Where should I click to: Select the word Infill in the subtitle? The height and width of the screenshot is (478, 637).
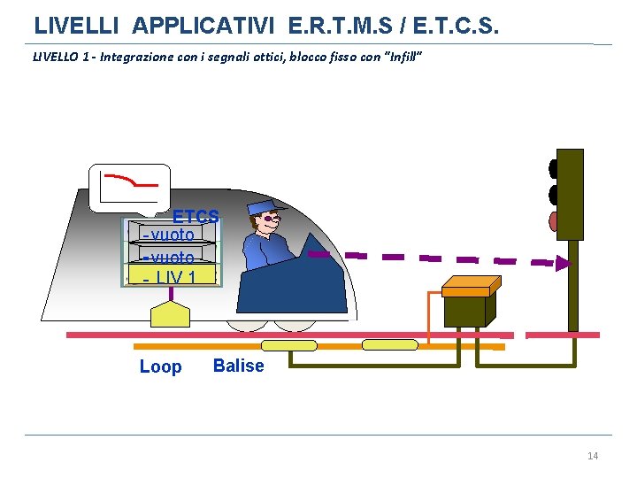coord(403,58)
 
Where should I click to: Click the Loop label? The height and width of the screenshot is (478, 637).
coord(160,366)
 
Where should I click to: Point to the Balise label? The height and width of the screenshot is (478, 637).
coord(238,366)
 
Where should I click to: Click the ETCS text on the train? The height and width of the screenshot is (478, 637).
coord(196,216)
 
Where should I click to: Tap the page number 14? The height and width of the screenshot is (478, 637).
coord(593,456)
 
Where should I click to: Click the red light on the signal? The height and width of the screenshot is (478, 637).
coord(554,220)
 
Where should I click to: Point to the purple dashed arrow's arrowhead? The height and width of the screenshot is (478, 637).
coord(564,263)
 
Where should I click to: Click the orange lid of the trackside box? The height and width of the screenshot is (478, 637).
coord(471,285)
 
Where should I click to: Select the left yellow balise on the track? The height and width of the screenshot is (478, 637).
coord(289,345)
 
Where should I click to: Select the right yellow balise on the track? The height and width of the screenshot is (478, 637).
coord(389,345)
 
